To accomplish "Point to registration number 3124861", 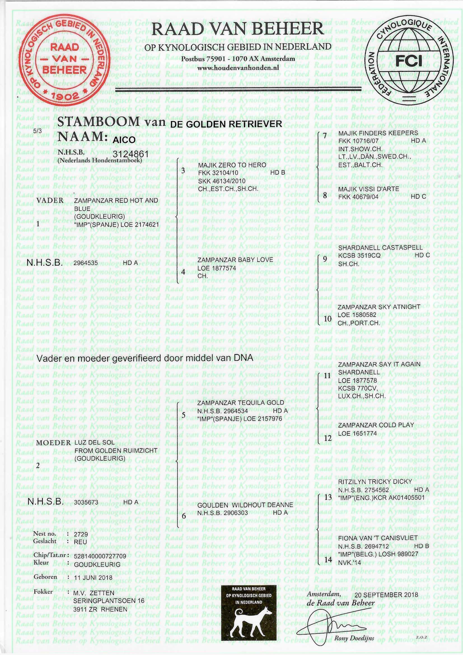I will pyautogui.click(x=131, y=154).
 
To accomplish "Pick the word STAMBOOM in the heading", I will pyautogui.click(x=98, y=122).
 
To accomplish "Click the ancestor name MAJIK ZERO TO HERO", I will pyautogui.click(x=232, y=165).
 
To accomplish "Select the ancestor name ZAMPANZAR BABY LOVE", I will pyautogui.click(x=235, y=260).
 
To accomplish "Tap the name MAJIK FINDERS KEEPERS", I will pyautogui.click(x=378, y=133).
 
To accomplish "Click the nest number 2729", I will pyautogui.click(x=81, y=534).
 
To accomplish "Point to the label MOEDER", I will pyautogui.click(x=53, y=443).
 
